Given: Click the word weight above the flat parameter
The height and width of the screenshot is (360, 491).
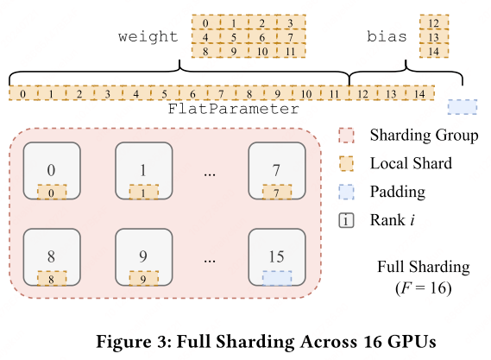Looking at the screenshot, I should [148, 37].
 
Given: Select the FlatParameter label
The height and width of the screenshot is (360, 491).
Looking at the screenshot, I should [234, 110].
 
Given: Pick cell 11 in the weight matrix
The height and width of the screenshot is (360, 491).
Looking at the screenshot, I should [291, 51].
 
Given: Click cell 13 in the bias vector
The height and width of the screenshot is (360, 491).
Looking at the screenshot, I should [432, 37].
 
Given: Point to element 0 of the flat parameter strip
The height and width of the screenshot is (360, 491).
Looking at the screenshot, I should [22, 92].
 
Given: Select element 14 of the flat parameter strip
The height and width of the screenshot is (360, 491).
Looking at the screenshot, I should [419, 92].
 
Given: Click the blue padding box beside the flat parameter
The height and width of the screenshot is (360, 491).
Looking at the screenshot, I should [463, 107].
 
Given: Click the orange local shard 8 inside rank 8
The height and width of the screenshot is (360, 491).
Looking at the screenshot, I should [52, 278].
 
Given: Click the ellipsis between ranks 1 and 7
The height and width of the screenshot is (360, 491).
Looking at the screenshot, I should [209, 173].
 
